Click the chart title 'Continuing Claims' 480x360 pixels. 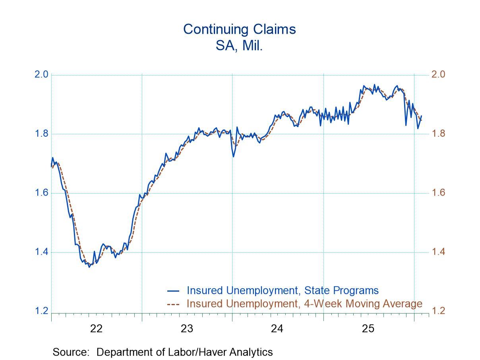tap(239, 29)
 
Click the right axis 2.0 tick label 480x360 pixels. tap(438, 75)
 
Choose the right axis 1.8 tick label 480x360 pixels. tap(438, 134)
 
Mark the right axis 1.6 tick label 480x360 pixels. tap(438, 193)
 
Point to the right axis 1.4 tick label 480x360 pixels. tap(438, 252)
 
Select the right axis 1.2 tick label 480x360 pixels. tap(438, 311)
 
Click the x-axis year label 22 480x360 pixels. tap(97, 329)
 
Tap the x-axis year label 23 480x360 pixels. tap(187, 329)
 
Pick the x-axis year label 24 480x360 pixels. tap(277, 329)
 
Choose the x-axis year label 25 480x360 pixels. tap(368, 329)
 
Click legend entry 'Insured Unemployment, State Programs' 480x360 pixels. tap(283, 290)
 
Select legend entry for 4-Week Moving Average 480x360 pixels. tap(304, 304)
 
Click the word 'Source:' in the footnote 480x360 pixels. tap(72, 352)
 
